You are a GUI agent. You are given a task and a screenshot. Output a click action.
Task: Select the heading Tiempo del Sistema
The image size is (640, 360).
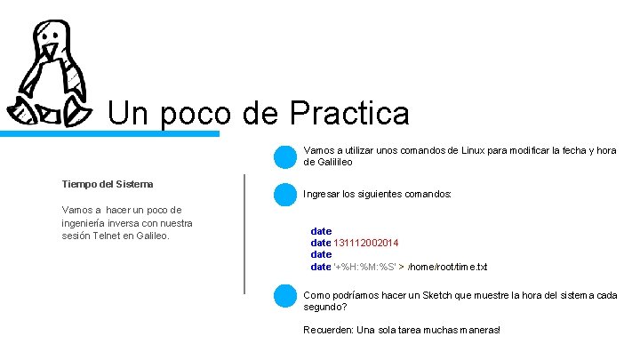pyautogui.click(x=108, y=184)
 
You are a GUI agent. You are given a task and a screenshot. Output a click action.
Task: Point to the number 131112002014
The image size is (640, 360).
pyautogui.click(x=366, y=243)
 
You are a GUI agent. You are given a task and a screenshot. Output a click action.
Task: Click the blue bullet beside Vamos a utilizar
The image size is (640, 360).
pyautogui.click(x=284, y=156)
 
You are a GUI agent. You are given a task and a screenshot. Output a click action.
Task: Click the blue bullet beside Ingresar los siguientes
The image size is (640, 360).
pyautogui.click(x=284, y=194)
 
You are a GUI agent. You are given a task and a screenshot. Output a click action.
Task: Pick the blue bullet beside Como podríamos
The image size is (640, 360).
pyautogui.click(x=284, y=296)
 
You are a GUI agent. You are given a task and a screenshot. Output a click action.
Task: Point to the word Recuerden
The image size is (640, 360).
pyautogui.click(x=328, y=330)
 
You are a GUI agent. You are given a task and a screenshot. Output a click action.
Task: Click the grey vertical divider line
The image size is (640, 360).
pyautogui.click(x=244, y=233)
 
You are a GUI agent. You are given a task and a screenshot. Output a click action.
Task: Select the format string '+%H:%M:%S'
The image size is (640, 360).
pyautogui.click(x=364, y=267)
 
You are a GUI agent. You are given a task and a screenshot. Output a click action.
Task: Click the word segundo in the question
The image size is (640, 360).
pyautogui.click(x=324, y=307)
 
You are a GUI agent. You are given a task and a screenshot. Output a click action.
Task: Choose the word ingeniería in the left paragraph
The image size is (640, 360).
pyautogui.click(x=87, y=223)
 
